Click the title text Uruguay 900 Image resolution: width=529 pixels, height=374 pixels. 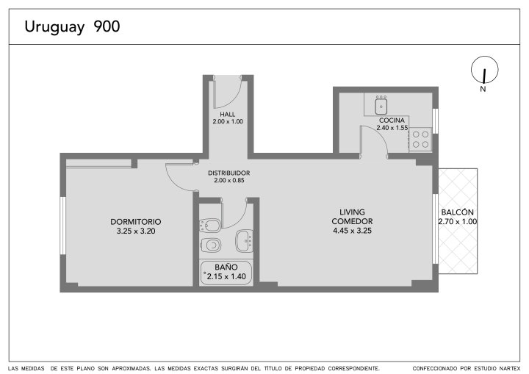pyautogui.click(x=72, y=26)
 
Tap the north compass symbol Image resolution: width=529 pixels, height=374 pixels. pyautogui.click(x=484, y=70)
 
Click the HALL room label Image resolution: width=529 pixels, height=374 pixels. pyautogui.click(x=228, y=115)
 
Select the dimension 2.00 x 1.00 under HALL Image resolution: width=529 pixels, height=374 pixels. pyautogui.click(x=228, y=121)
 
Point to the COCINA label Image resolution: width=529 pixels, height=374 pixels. pyautogui.click(x=392, y=121)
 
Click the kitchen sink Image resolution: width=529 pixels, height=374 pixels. pyautogui.click(x=381, y=105)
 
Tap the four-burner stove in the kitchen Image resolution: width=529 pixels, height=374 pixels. pyautogui.click(x=420, y=140)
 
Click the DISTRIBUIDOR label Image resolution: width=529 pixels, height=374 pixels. pyautogui.click(x=228, y=173)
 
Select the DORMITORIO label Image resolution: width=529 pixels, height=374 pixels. pyautogui.click(x=136, y=222)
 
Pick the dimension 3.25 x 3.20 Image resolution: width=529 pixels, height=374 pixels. pyautogui.click(x=136, y=231)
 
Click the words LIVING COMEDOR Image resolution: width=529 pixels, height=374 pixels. pyautogui.click(x=352, y=217)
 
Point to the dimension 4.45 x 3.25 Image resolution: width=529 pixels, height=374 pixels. pyautogui.click(x=352, y=231)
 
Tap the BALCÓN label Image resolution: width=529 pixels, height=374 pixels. pyautogui.click(x=458, y=212)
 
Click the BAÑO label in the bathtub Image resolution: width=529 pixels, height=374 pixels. pyautogui.click(x=226, y=267)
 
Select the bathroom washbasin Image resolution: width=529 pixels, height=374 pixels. pyautogui.click(x=245, y=241)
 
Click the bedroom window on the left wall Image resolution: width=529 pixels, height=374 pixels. pyautogui.click(x=62, y=226)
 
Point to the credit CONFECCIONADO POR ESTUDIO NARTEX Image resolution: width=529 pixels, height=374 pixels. pyautogui.click(x=467, y=368)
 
